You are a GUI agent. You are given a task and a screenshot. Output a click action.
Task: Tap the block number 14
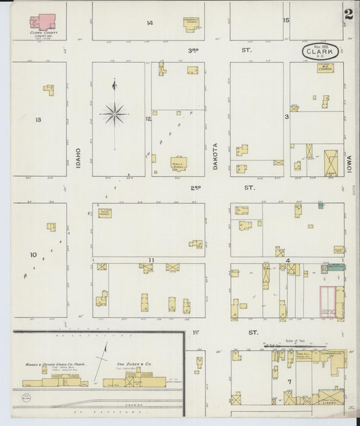[149, 23]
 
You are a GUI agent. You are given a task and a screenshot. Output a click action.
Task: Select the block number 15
[286, 20]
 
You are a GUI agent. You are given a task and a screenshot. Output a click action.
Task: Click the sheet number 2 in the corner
[349, 14]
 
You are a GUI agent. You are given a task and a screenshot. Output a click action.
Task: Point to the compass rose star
[114, 113]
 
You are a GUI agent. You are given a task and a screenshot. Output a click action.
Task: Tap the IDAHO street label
[78, 157]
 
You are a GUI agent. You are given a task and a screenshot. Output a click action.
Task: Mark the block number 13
[38, 119]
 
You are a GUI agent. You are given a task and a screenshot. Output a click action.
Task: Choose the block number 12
[148, 119]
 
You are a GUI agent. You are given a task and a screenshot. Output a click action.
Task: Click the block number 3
[286, 117]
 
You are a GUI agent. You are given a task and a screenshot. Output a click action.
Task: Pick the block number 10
[32, 255]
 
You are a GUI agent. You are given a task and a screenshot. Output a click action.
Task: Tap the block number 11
[151, 260]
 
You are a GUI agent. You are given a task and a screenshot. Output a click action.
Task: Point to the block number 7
[289, 383]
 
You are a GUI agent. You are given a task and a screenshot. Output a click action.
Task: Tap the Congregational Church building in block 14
[192, 23]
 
